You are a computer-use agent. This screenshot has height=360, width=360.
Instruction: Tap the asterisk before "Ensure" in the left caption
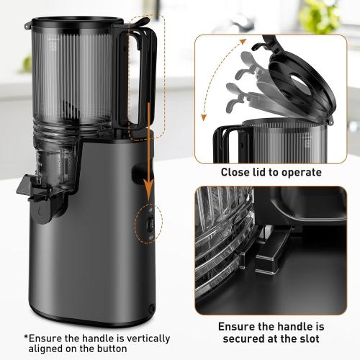point(27,337)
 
